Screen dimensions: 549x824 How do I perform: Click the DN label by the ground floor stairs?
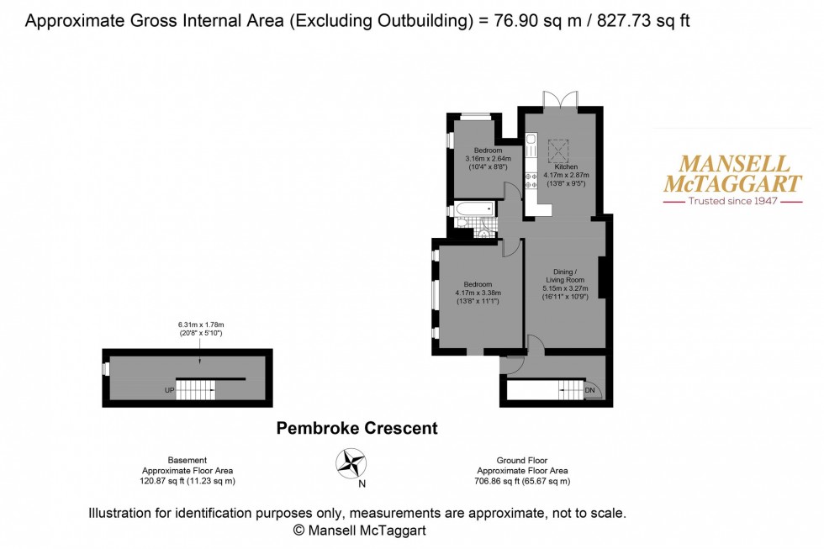pos(589,391)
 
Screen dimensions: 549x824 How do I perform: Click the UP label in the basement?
pos(169,391)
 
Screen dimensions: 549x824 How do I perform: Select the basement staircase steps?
pos(196,389)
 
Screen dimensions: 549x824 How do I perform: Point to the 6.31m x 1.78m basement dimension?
pos(201,325)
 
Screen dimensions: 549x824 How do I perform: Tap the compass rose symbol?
pos(351,463)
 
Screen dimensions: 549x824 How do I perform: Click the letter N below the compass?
pos(362,483)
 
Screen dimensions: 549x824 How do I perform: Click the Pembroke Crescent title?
pos(357,429)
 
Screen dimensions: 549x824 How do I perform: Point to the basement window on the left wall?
pos(106,368)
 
